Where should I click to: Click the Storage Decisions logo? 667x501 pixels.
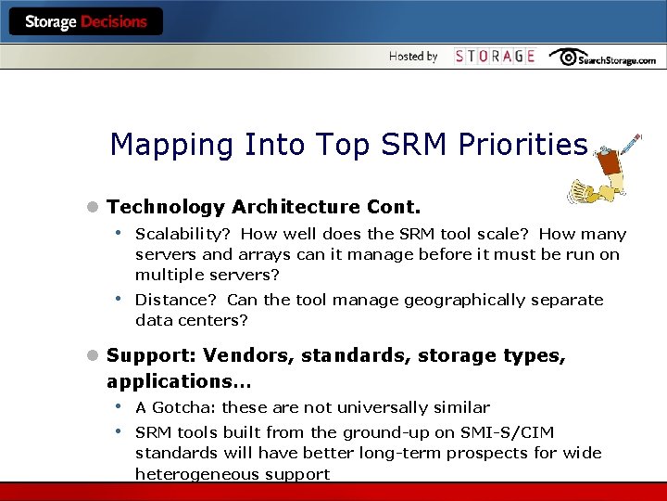(x=86, y=21)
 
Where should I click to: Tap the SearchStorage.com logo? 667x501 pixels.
(x=601, y=58)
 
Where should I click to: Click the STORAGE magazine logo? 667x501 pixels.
(x=495, y=57)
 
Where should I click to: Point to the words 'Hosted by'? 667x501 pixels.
(x=413, y=57)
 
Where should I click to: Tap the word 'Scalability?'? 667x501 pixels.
(x=182, y=235)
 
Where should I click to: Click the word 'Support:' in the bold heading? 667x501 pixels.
(x=151, y=355)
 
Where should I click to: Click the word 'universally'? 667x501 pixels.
(x=395, y=407)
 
